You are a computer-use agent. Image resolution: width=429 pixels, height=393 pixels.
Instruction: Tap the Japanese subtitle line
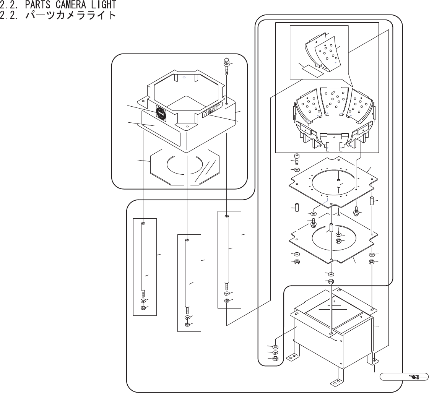click(57, 16)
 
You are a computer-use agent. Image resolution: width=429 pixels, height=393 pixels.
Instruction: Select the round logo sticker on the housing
click(161, 112)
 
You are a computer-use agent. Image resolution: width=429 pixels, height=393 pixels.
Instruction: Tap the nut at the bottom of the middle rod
click(187, 325)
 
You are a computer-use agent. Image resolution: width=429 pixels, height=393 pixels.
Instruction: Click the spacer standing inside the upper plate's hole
click(338, 182)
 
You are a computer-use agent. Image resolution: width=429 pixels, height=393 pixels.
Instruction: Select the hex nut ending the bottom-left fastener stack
click(275, 359)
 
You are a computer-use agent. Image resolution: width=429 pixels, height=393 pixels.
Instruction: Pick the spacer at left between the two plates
click(297, 209)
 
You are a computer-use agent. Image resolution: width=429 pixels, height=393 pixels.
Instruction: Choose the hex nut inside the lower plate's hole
click(338, 241)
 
